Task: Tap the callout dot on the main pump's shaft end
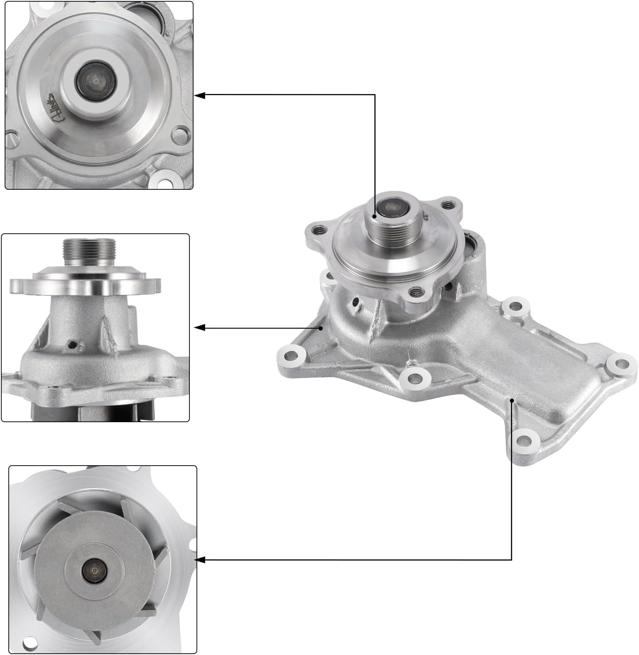point(375,216)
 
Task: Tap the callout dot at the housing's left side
point(320,328)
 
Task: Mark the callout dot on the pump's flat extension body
point(512,399)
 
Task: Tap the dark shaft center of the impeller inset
point(94,571)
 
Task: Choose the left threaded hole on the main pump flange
point(317,229)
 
